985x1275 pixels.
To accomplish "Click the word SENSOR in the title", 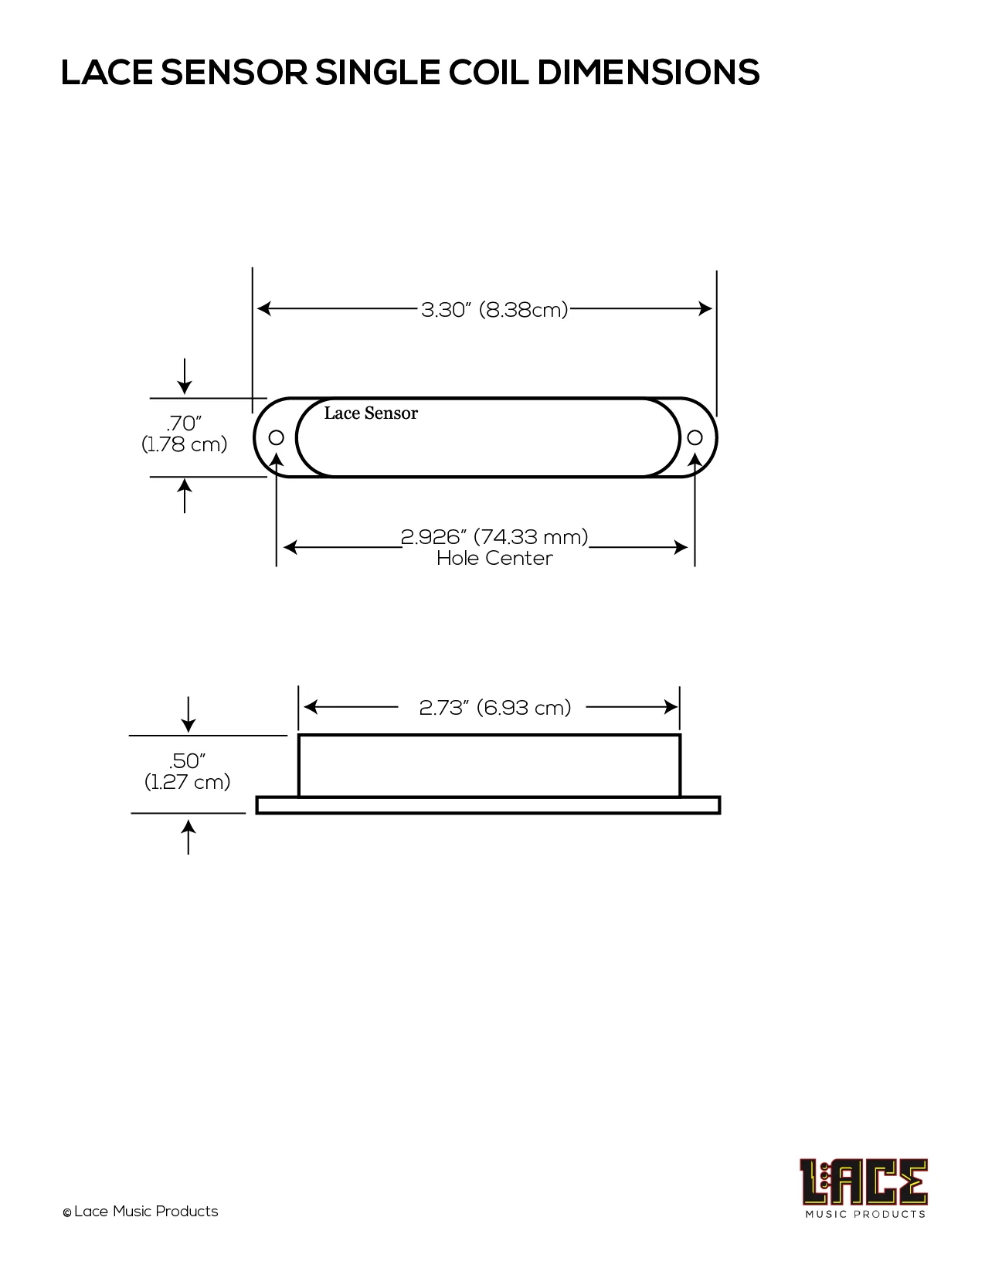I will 236,73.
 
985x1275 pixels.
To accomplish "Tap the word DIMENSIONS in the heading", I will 648,73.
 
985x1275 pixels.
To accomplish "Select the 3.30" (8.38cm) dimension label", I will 494,310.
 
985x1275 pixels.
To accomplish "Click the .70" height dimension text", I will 185,423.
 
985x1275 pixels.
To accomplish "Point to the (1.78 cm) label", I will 185,445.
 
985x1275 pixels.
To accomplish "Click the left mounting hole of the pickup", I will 277,438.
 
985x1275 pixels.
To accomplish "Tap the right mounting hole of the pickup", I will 695,438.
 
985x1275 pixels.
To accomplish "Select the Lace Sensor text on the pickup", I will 371,413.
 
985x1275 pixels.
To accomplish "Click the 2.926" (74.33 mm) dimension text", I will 494,536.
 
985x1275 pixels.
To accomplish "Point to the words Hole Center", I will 494,558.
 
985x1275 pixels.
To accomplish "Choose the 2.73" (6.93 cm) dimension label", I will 494,707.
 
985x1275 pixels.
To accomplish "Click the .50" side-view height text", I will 187,761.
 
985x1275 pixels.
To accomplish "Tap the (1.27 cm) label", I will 188,782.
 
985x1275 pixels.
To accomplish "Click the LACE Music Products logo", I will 864,1188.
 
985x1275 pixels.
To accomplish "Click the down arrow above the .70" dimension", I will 185,376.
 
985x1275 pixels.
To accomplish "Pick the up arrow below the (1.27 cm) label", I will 189,836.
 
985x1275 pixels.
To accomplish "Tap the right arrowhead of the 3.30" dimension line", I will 705,309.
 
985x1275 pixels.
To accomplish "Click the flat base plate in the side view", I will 488,805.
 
